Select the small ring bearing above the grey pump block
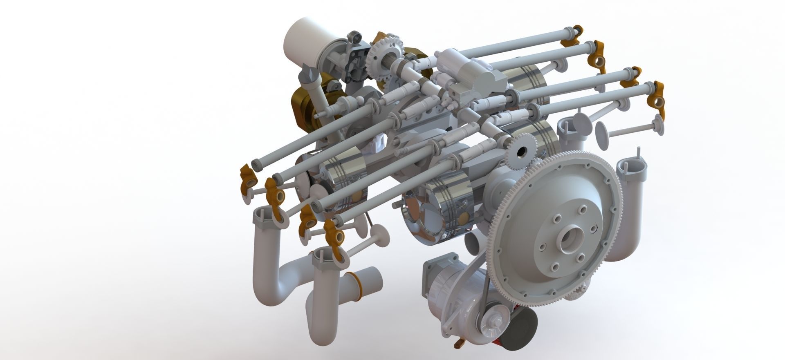coord(355,37)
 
